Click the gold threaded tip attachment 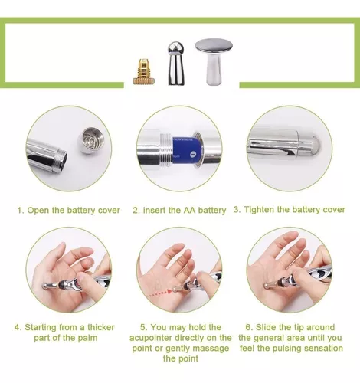click(x=144, y=73)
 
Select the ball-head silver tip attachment click(x=176, y=64)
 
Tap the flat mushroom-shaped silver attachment click(x=214, y=61)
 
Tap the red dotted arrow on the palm click(x=161, y=293)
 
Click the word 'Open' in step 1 click(x=38, y=210)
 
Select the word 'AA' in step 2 click(x=190, y=210)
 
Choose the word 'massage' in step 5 click(x=213, y=349)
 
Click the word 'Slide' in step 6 click(x=265, y=327)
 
